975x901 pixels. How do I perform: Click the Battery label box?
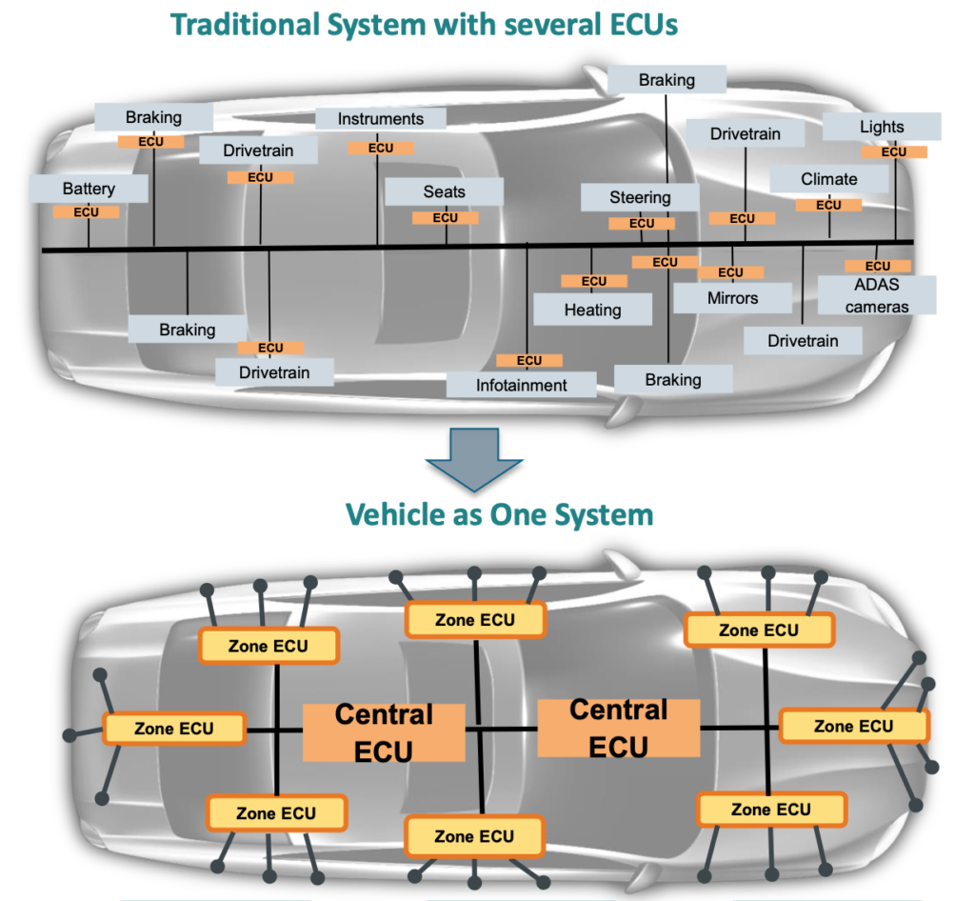coord(89,189)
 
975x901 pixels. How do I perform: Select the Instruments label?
coord(381,119)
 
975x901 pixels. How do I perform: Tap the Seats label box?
coord(444,191)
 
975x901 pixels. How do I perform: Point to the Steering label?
coord(640,198)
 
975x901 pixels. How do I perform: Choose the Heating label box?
coord(592,310)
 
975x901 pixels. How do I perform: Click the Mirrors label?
coord(732,298)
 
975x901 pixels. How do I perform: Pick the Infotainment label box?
coord(522,385)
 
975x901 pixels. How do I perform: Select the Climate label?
coord(828,179)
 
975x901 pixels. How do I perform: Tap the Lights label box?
coord(882,127)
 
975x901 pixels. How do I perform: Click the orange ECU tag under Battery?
coord(86,211)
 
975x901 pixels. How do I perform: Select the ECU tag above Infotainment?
coord(529,360)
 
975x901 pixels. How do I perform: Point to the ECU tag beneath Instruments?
coord(380,148)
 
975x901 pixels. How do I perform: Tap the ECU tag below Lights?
coord(893,151)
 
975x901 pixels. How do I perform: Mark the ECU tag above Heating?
coord(593,281)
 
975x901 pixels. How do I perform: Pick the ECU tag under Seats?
coord(445,217)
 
